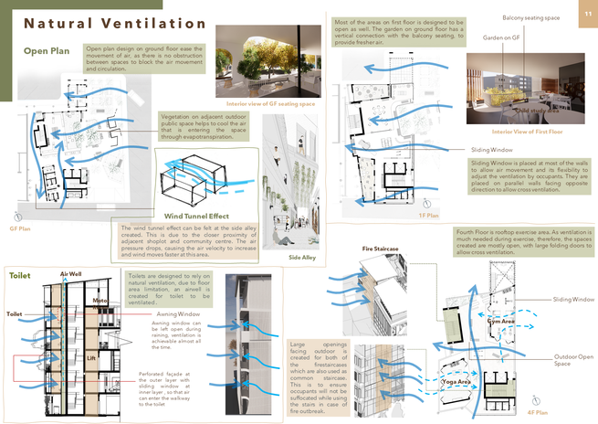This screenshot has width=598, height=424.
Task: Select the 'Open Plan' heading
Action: click(49, 52)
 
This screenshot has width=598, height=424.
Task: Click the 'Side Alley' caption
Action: click(301, 258)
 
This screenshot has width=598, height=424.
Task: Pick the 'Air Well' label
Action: click(72, 274)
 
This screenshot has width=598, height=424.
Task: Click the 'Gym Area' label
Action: click(500, 322)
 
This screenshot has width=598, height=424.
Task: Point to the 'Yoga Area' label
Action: click(456, 380)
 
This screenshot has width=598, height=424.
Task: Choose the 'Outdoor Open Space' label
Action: click(572, 360)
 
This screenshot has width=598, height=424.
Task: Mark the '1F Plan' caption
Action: click(429, 216)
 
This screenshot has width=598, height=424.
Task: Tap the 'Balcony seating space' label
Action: click(533, 18)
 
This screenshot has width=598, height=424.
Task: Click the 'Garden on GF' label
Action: click(500, 37)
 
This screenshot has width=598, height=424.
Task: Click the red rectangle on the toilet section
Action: click(25, 367)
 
